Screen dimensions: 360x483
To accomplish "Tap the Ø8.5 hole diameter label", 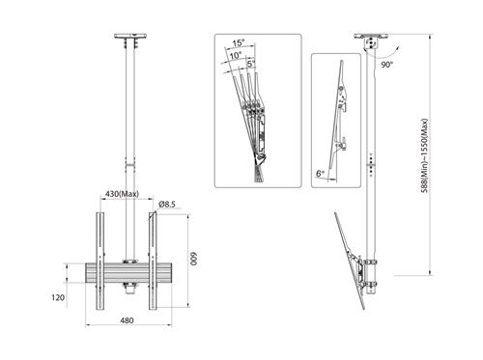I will [165, 204].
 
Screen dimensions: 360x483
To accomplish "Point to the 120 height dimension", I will [58, 297].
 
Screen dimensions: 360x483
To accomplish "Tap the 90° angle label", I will [387, 65].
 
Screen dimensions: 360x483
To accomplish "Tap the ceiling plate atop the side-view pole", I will [370, 42].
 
